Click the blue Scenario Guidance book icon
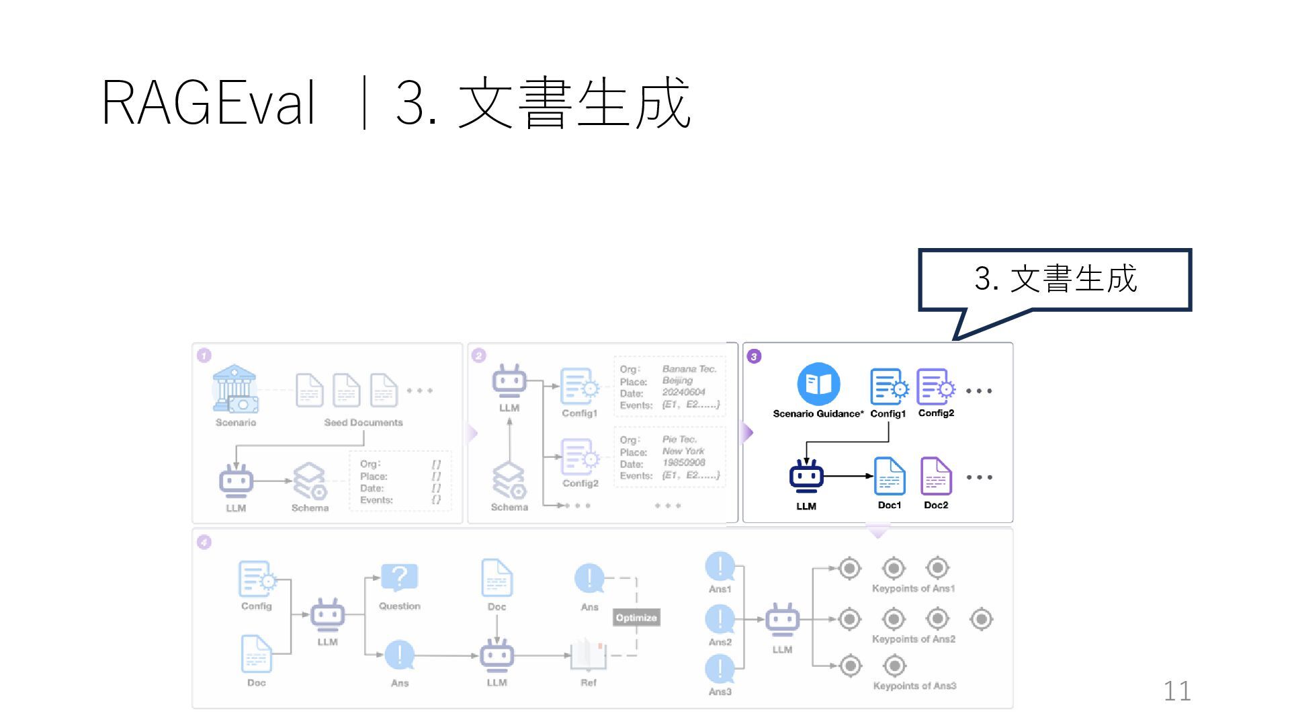click(x=818, y=385)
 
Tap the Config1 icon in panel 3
click(x=888, y=387)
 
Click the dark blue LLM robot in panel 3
click(x=806, y=477)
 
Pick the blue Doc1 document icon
click(x=889, y=477)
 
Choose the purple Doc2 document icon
click(x=936, y=477)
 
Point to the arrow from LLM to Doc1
click(x=849, y=476)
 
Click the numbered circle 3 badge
click(x=755, y=356)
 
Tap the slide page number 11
click(x=1176, y=691)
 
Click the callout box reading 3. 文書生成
click(x=1055, y=280)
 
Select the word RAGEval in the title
click(x=208, y=104)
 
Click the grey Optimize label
click(x=636, y=618)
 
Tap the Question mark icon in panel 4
click(x=399, y=577)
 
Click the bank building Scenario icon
click(x=234, y=389)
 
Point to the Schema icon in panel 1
click(x=310, y=481)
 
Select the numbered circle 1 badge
click(x=204, y=356)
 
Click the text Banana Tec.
click(x=689, y=369)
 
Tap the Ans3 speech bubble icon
click(x=720, y=669)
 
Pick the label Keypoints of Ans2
click(x=913, y=639)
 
